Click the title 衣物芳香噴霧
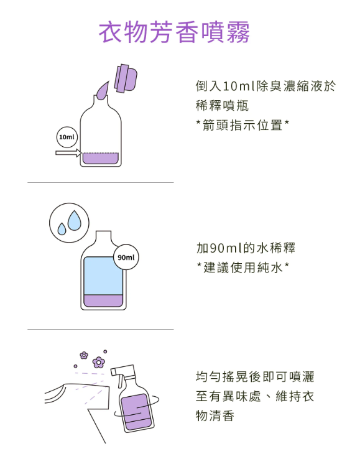click(174, 32)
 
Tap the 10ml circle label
click(67, 137)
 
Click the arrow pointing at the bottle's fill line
click(68, 153)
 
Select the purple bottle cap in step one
click(126, 78)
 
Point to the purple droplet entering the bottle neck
click(103, 90)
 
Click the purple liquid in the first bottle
click(101, 158)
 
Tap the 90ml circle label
click(126, 257)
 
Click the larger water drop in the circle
click(74, 220)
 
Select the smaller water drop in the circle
click(62, 229)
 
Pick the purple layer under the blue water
click(103, 300)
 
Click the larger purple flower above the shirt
click(99, 363)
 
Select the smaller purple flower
click(84, 355)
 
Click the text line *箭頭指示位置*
click(242, 125)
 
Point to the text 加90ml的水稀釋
click(246, 248)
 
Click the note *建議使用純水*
click(242, 267)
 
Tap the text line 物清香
click(215, 416)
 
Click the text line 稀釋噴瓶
click(222, 106)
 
